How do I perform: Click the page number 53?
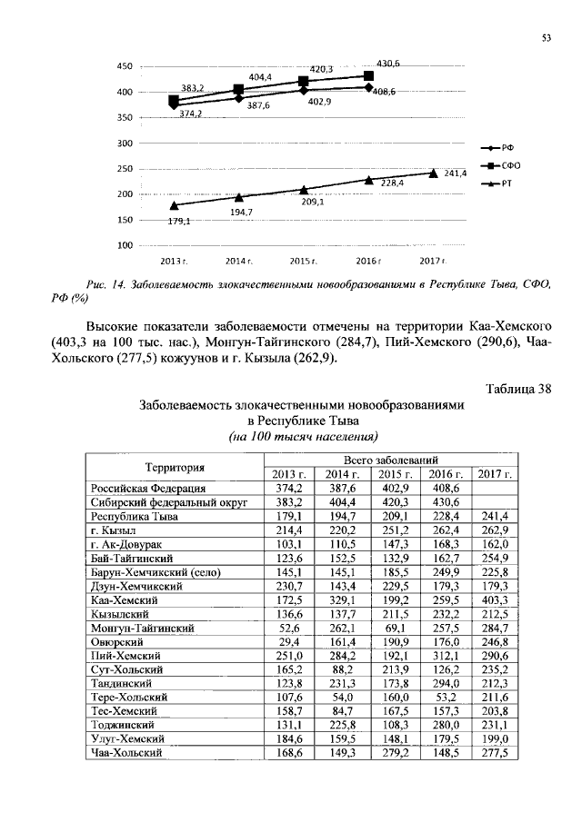coord(547,38)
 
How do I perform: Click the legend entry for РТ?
coord(507,183)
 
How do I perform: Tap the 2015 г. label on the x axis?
coord(303,261)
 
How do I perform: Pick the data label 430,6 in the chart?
coord(388,64)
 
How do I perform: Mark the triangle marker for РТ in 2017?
coord(433,173)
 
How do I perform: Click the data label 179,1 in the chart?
coord(178,222)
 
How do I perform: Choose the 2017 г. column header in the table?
coord(496,474)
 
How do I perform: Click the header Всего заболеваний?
coord(392,460)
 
